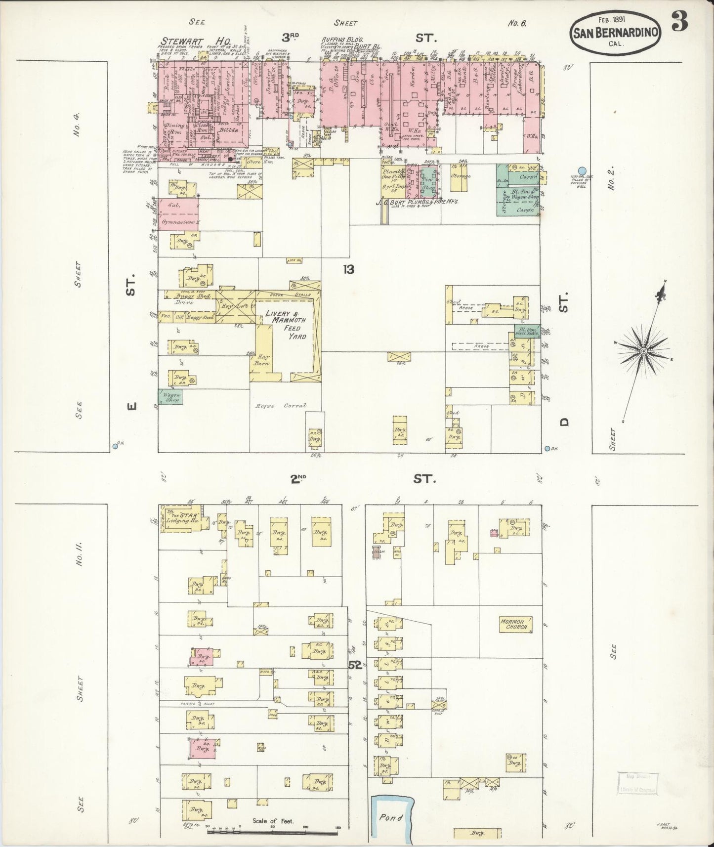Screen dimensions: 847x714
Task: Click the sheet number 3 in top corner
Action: pos(680,22)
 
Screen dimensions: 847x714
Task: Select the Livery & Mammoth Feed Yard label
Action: pos(286,325)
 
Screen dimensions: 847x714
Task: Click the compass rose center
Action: pos(643,351)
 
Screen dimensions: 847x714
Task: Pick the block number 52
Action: pos(355,665)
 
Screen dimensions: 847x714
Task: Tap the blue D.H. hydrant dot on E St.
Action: pos(115,446)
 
